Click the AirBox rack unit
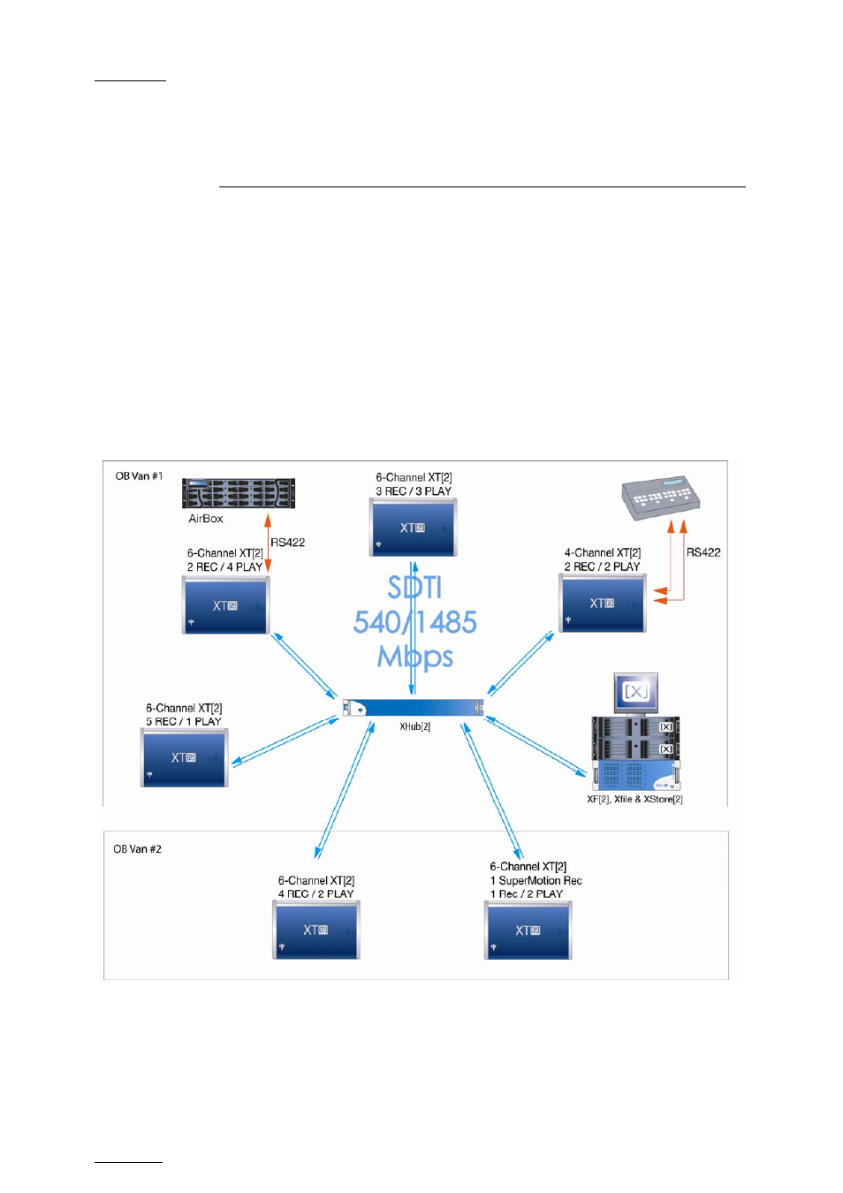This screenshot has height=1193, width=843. [x=239, y=493]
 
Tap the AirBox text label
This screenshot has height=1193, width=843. [x=206, y=519]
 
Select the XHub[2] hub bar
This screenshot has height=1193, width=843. [x=413, y=707]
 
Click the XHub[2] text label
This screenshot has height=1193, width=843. [x=414, y=726]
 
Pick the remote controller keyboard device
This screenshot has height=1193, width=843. [x=661, y=498]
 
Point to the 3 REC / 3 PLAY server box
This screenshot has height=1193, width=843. [x=414, y=528]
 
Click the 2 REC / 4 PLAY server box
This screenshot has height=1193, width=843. [x=226, y=604]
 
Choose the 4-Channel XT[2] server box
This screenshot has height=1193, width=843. [x=603, y=603]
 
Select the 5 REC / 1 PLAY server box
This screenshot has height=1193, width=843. [x=185, y=757]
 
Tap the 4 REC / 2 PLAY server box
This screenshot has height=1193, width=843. [x=316, y=930]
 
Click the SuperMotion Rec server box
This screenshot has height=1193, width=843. [x=528, y=931]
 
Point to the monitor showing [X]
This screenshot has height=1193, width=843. [x=636, y=692]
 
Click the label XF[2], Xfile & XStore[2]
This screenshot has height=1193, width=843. [x=634, y=799]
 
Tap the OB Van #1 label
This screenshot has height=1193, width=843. [x=139, y=476]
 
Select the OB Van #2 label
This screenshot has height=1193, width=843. [x=137, y=849]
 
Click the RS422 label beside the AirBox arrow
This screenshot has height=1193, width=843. [x=287, y=543]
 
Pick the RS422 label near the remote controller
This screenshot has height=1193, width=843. [x=703, y=553]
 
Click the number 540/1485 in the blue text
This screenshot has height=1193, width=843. [x=414, y=622]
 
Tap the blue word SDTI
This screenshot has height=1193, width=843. [x=414, y=588]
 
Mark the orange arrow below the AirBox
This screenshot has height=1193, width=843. [x=268, y=543]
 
